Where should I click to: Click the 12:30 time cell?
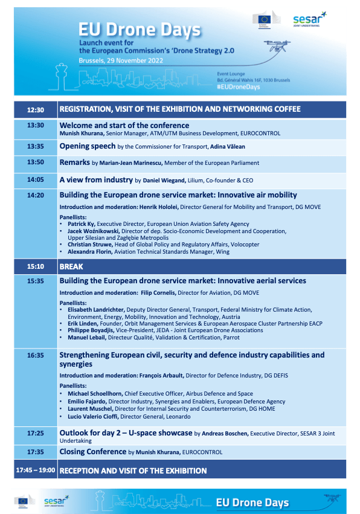click(36, 110)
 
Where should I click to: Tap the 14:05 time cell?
click(36, 180)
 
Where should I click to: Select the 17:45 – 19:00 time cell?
click(36, 471)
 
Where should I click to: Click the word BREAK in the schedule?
click(72, 266)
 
